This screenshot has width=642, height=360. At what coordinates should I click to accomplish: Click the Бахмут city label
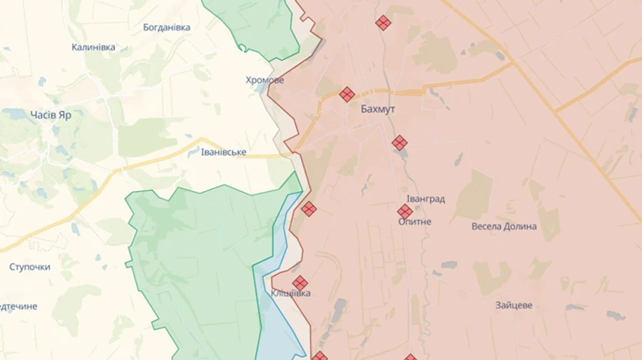tap(377, 110)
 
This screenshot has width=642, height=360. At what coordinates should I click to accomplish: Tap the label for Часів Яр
tap(51, 114)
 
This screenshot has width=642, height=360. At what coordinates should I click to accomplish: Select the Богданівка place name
tap(166, 27)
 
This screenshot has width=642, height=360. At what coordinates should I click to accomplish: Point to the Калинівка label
tap(93, 47)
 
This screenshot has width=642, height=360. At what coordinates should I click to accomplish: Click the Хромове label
tap(265, 80)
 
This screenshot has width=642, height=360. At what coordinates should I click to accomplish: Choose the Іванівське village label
tap(224, 153)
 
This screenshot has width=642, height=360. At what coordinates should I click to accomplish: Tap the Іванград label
tap(426, 199)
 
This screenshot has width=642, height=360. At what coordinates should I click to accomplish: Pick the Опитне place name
tap(414, 222)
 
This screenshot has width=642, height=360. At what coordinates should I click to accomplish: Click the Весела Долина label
tap(504, 227)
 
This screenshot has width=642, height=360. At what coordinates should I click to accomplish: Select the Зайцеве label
tap(514, 305)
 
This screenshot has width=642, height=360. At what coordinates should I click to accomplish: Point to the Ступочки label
tap(30, 267)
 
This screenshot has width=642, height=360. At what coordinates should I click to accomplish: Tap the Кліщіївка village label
tap(291, 293)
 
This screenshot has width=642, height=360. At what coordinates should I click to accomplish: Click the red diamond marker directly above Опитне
tap(405, 211)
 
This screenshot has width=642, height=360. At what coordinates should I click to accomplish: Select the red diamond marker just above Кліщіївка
tap(300, 282)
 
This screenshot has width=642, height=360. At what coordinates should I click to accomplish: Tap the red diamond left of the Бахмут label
tap(347, 94)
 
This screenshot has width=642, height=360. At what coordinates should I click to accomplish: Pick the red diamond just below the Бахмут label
tap(399, 143)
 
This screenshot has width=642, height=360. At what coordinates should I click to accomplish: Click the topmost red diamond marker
tap(384, 23)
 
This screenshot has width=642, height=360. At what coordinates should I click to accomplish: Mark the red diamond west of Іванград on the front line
tap(309, 209)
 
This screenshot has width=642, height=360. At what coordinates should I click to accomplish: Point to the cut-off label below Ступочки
tap(19, 307)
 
